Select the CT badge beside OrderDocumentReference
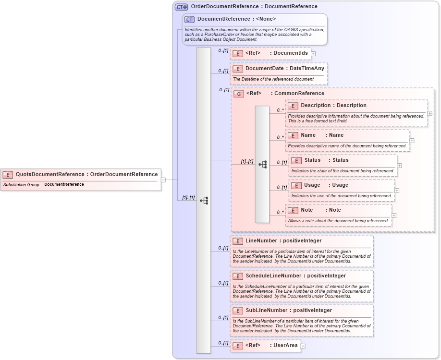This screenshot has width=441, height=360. pos(181,7)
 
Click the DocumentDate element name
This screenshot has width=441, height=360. pos(264,68)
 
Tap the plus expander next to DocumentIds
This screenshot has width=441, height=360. pos(313,53)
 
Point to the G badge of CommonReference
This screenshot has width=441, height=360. pos(238,94)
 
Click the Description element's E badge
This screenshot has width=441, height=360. pos(293,106)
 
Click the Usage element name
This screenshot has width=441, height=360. pos(312,185)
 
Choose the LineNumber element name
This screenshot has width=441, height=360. pos(260,240)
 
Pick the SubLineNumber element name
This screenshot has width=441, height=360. pos(266,310)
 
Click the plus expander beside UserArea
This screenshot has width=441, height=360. pos(303,346)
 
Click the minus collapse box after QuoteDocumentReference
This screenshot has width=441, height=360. pos(163,180)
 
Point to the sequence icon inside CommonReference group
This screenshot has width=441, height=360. pos(262,164)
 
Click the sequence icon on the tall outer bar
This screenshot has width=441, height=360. pos(204,200)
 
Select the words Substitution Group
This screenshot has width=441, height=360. pos(21,184)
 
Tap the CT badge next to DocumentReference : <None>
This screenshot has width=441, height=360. pos(189,19)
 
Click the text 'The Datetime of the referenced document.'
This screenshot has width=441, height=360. pos(273,79)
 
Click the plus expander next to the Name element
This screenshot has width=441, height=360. pos(412,141)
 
